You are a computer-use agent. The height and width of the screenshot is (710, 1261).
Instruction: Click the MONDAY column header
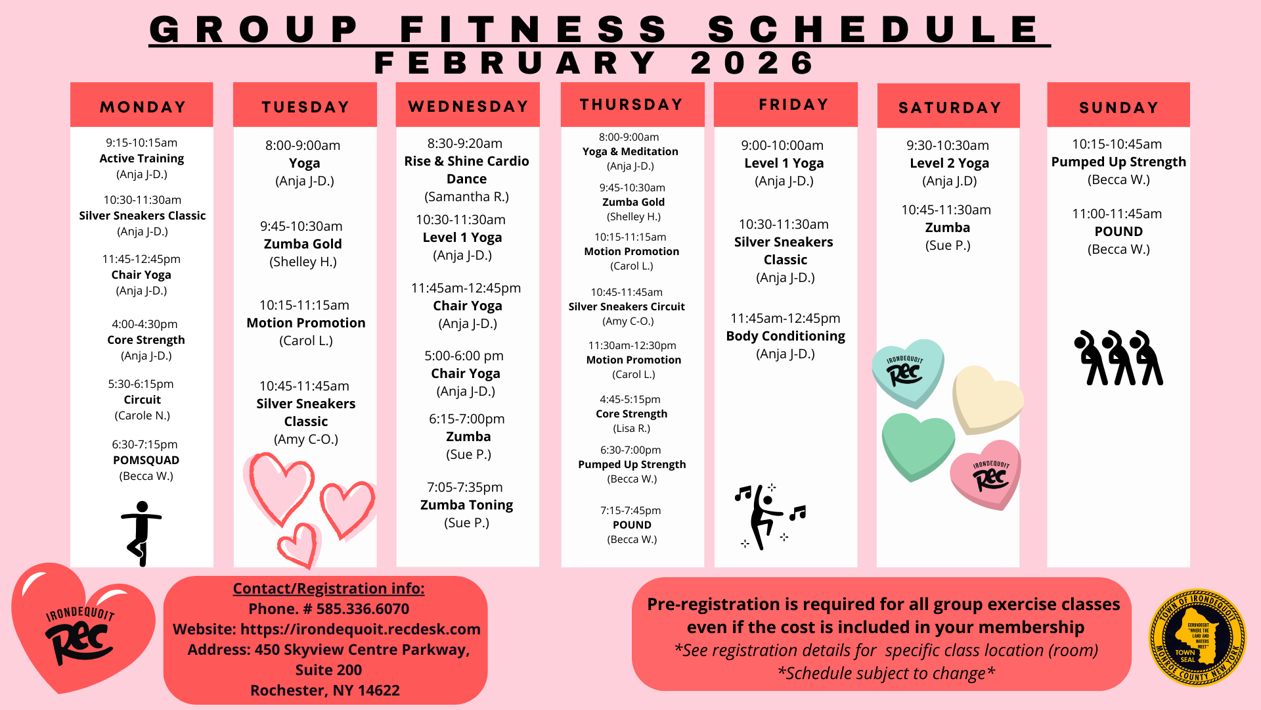tap(143, 106)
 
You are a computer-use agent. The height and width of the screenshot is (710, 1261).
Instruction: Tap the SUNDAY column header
tap(1118, 107)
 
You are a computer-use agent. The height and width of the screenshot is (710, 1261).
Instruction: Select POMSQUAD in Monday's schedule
tap(146, 460)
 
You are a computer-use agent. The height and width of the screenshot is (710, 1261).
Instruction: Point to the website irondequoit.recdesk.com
tap(361, 629)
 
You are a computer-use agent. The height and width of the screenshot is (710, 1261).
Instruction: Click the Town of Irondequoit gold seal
tap(1197, 637)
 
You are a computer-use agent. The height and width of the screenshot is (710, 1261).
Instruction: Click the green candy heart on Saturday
tap(918, 445)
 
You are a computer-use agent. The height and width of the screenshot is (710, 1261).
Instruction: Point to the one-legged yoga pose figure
tap(141, 533)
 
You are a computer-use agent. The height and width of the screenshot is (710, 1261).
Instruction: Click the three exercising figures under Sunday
tap(1118, 358)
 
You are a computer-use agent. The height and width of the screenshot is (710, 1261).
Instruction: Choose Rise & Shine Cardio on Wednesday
tap(466, 170)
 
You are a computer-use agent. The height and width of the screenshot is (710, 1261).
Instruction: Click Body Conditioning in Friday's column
tap(785, 336)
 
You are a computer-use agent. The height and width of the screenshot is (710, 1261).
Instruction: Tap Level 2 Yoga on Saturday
tap(949, 163)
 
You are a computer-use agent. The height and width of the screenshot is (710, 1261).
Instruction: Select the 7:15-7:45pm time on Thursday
tap(630, 510)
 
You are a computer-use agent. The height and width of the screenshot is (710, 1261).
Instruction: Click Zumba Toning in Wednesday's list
tap(466, 505)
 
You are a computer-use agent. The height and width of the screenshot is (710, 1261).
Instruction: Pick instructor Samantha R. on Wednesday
tap(466, 197)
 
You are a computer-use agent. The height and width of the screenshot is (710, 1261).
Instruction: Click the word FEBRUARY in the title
tap(516, 63)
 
